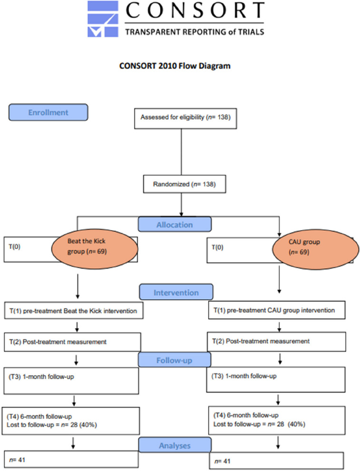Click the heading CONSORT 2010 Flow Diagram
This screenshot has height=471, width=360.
[x=175, y=66]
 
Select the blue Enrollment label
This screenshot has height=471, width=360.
[x=48, y=113]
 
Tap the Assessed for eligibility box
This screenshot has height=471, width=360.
[x=181, y=117]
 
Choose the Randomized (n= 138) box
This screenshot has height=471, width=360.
[x=181, y=185]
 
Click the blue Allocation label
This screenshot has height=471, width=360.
[x=175, y=224]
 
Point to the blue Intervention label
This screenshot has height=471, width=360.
[x=175, y=293]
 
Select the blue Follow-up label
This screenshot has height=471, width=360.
[x=175, y=360]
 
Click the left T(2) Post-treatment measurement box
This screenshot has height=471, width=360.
[x=72, y=341]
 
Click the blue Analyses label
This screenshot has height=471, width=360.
[x=175, y=446]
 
